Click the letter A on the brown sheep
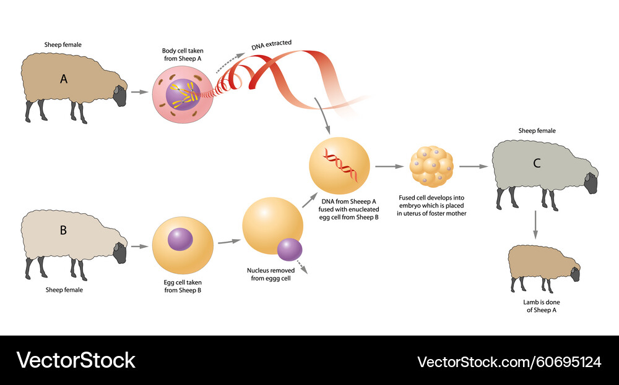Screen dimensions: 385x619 point(64,78)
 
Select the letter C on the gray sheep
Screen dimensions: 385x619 point(537,164)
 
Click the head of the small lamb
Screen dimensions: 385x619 point(575,274)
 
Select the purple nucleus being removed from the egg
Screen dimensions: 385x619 point(290,250)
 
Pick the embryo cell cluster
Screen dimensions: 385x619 point(432,166)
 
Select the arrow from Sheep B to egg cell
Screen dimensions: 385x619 point(140,247)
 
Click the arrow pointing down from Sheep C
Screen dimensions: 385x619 point(536,226)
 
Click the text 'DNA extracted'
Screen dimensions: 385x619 point(271,44)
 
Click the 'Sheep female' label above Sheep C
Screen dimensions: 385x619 point(537,131)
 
